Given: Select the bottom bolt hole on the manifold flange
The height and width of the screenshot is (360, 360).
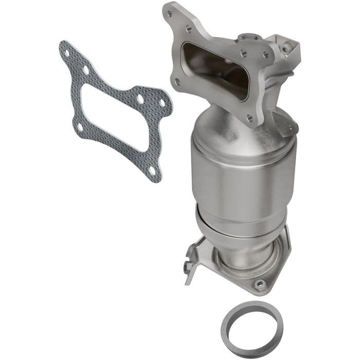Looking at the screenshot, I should tap(250, 118).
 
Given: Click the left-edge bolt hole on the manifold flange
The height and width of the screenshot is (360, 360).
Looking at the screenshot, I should tap(177, 81).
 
